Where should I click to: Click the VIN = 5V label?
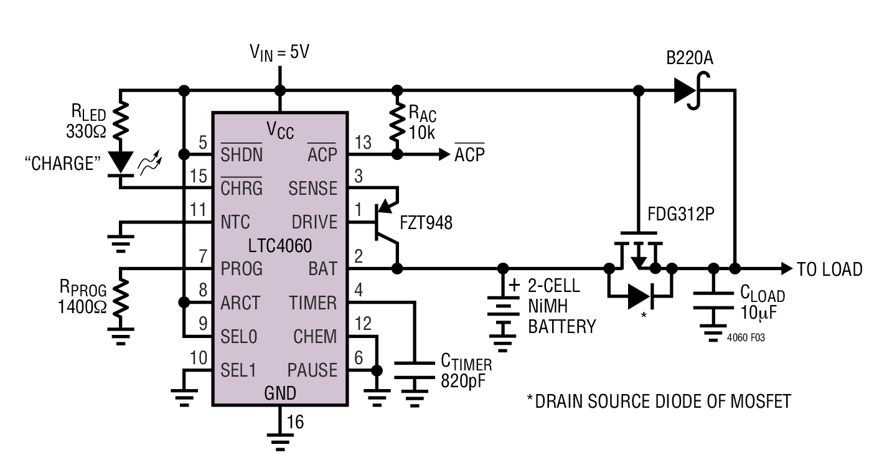point(279,53)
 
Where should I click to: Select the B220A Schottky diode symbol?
point(691,91)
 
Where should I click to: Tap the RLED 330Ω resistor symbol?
point(121,121)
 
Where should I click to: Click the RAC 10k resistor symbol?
point(397,122)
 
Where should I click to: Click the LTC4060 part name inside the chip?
point(280,246)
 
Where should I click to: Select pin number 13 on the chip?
point(363,143)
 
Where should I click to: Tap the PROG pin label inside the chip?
point(241,269)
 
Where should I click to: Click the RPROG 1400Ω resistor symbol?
point(121,298)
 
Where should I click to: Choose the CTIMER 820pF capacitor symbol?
point(415,370)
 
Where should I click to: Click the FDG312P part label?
point(681,214)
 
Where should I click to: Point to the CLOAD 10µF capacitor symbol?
point(713,301)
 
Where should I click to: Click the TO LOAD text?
point(830,270)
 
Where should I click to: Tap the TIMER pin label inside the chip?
point(313,303)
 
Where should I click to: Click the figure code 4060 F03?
point(746,338)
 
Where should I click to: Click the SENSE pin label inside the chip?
point(313,189)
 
